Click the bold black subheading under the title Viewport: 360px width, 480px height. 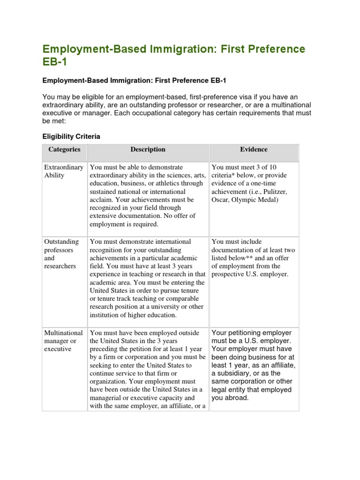coord(134,81)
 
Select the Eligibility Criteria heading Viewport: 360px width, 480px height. coord(71,136)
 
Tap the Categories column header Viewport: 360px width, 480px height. coord(64,150)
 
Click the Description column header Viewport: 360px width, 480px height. coord(148,150)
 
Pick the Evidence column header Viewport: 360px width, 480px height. coord(254,150)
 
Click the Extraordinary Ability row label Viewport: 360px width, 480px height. coord(63,171)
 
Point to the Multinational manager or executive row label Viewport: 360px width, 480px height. coord(63,341)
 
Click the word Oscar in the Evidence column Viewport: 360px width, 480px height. coord(220,200)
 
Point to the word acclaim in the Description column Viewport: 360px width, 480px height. coord(101,200)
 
